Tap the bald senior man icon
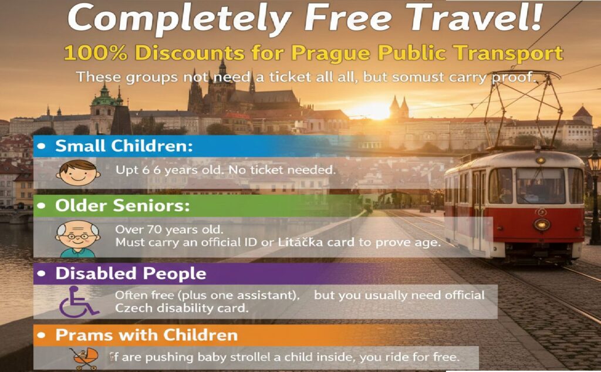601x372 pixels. coord(75,237)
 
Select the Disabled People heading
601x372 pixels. coord(130,273)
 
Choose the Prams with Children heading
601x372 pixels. coord(146,335)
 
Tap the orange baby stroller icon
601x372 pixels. coord(85,357)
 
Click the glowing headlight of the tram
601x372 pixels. coord(541,225)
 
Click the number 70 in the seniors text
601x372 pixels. coord(149,229)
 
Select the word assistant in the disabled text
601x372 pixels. coord(269,295)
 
